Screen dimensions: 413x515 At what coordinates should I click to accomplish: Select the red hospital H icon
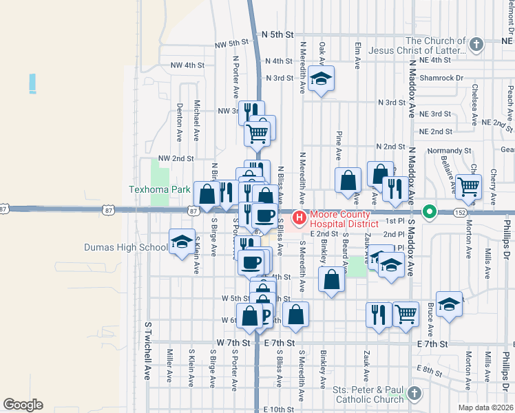(x=299, y=218)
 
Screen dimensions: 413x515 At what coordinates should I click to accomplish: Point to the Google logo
(x=23, y=405)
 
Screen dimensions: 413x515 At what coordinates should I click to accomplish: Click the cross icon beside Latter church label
(x=475, y=45)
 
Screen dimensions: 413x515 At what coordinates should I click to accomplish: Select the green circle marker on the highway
(x=430, y=211)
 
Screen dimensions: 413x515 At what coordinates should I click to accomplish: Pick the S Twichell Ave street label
(x=147, y=350)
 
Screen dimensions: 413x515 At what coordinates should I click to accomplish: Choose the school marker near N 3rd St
(x=320, y=78)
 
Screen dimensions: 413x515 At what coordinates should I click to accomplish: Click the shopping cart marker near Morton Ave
(x=468, y=185)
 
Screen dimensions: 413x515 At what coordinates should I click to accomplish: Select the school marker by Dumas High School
(x=181, y=242)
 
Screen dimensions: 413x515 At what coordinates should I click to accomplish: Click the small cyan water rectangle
(x=32, y=83)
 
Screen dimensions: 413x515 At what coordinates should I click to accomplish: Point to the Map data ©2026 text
(x=486, y=407)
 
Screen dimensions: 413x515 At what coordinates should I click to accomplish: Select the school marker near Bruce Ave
(x=449, y=304)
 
